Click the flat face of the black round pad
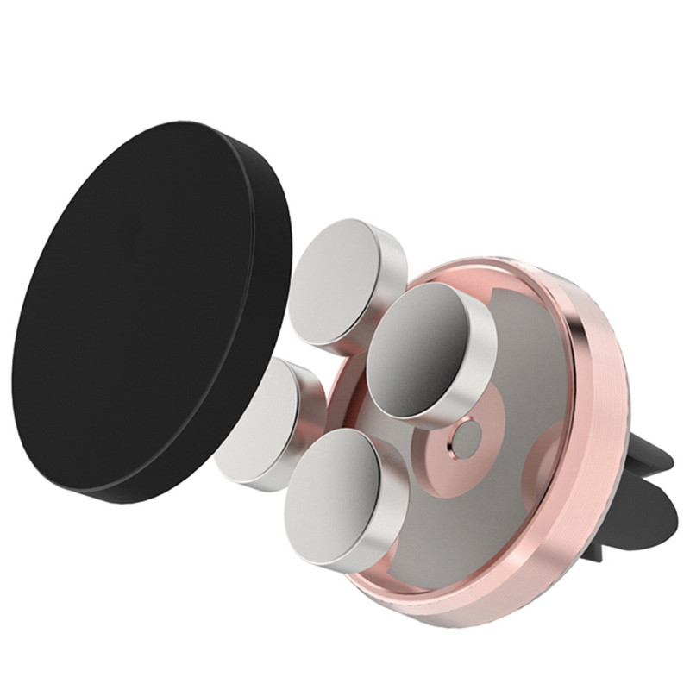coord(138,310)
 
